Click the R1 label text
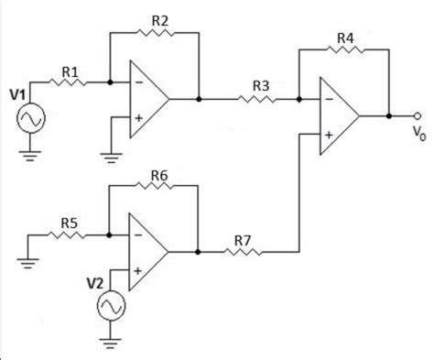click(71, 70)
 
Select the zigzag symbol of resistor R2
click(154, 34)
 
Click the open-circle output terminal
click(418, 116)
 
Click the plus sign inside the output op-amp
click(327, 134)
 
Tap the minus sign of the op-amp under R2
click(137, 82)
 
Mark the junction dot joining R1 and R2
click(110, 82)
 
